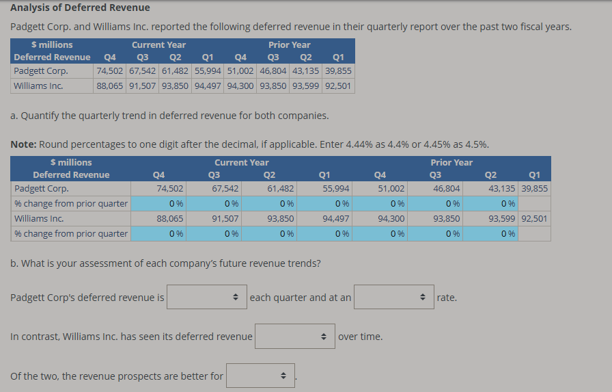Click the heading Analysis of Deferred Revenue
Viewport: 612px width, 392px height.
[x=81, y=8]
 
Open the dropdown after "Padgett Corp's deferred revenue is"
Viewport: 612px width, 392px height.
[x=206, y=298]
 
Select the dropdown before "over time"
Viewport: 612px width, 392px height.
[x=294, y=337]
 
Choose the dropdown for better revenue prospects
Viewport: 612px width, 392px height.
[x=260, y=376]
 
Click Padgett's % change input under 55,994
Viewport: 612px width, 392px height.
[x=323, y=203]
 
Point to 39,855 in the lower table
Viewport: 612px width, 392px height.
[x=534, y=189]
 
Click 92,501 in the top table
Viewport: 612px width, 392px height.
[x=338, y=86]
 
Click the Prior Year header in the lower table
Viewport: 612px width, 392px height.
[x=451, y=162]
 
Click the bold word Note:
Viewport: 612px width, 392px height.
[x=25, y=144]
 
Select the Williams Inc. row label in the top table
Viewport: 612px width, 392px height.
[x=38, y=86]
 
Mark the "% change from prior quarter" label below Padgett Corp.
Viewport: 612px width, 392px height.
[x=71, y=203]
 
